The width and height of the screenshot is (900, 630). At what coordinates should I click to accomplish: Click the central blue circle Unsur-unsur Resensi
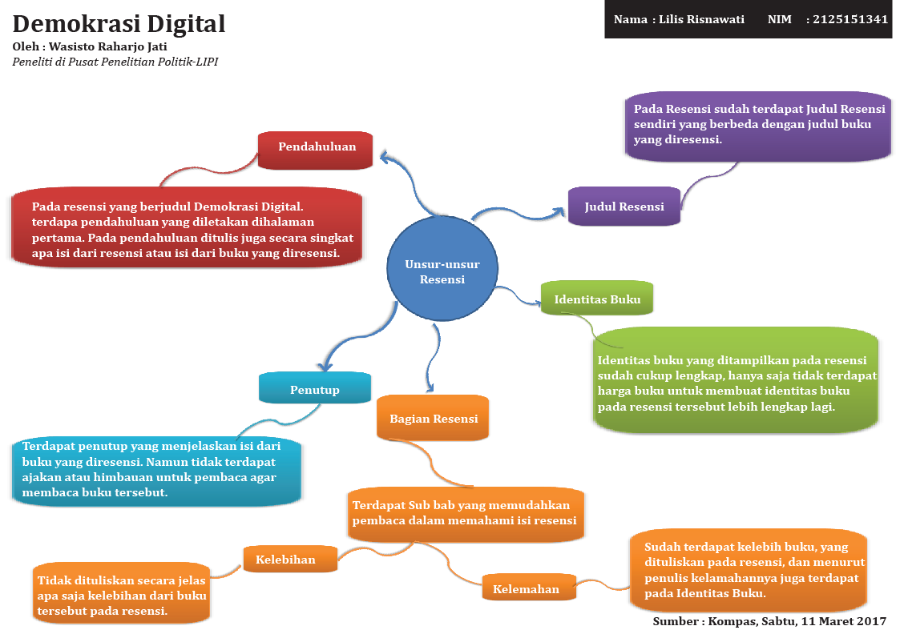click(442, 271)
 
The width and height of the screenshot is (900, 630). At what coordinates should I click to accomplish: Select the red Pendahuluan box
click(316, 149)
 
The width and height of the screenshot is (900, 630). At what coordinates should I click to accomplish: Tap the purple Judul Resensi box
click(624, 207)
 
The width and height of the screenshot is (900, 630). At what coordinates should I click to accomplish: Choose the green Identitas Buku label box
click(597, 299)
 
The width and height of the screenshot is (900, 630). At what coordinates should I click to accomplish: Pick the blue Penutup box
click(314, 389)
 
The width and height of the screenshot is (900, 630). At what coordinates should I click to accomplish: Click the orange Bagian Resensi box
click(433, 418)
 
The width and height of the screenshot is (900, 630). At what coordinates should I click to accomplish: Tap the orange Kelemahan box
click(529, 588)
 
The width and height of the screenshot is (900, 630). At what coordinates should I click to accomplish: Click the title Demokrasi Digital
click(119, 24)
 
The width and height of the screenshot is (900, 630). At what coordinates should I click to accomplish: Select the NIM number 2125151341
click(850, 19)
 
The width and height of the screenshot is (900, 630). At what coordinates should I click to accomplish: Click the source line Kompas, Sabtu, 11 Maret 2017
click(797, 621)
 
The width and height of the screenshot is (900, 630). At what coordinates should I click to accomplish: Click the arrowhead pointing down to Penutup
click(324, 366)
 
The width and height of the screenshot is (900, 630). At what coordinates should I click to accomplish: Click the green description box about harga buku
click(736, 381)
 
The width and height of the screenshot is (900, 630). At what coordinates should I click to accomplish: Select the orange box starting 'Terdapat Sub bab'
click(465, 513)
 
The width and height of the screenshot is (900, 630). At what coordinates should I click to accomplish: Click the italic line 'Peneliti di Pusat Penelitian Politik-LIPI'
click(115, 62)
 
